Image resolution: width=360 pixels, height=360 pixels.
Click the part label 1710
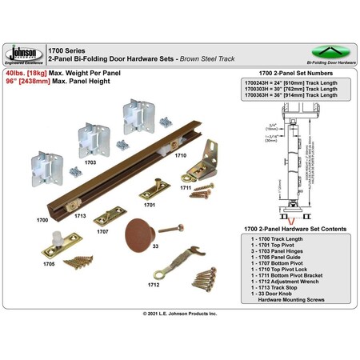pyautogui.click(x=180, y=155)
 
